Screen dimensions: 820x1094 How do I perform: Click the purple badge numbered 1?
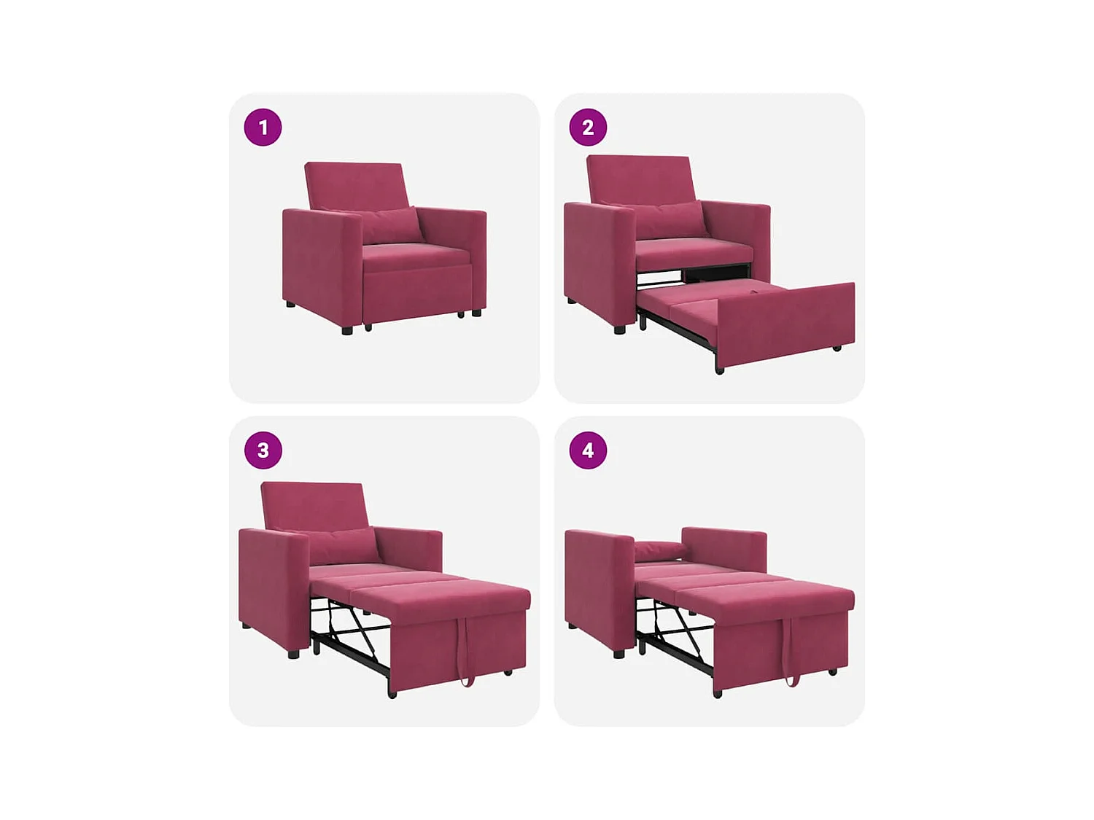coord(263,128)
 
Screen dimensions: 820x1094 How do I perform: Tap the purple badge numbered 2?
coord(588,128)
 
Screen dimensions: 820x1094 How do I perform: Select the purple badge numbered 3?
coord(263,450)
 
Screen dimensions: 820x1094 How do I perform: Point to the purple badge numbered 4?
coord(588,450)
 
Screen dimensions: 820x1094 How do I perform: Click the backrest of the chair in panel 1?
coord(354,185)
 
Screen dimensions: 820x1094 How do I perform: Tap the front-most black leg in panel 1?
coord(347,329)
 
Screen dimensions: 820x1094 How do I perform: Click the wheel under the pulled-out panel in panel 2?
coord(837,348)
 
